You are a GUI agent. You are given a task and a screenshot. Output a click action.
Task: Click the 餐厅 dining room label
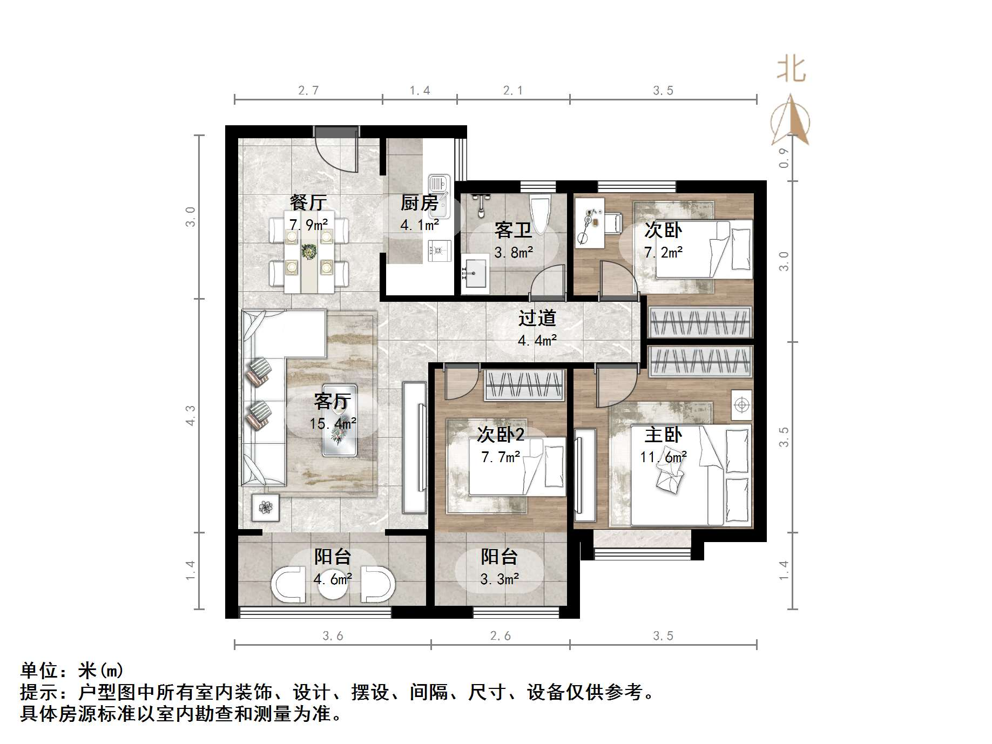click(x=308, y=203)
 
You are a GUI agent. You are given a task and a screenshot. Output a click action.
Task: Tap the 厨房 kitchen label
click(x=419, y=203)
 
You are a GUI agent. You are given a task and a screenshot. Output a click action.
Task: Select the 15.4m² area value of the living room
click(x=333, y=424)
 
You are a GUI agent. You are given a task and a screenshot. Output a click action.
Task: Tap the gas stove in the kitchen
click(x=438, y=250)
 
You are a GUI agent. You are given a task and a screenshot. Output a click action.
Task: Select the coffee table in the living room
click(x=339, y=420)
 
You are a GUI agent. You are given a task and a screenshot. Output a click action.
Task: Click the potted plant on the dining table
click(x=309, y=252)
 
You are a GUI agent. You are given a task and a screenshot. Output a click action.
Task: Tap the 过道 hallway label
click(x=537, y=318)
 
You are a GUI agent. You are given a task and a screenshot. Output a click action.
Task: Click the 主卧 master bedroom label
click(x=663, y=435)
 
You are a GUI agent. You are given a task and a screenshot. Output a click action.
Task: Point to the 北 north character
click(x=792, y=70)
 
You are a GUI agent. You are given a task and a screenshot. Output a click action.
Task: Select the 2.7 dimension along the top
click(x=308, y=91)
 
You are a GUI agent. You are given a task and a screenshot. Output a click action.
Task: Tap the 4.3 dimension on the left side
click(x=190, y=415)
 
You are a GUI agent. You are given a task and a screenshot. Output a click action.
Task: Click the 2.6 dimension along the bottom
click(x=500, y=635)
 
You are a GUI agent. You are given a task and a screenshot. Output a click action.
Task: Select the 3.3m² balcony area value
click(x=500, y=579)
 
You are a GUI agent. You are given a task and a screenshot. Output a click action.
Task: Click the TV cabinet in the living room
click(x=414, y=448)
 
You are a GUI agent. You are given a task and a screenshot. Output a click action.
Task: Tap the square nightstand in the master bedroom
click(x=742, y=404)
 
